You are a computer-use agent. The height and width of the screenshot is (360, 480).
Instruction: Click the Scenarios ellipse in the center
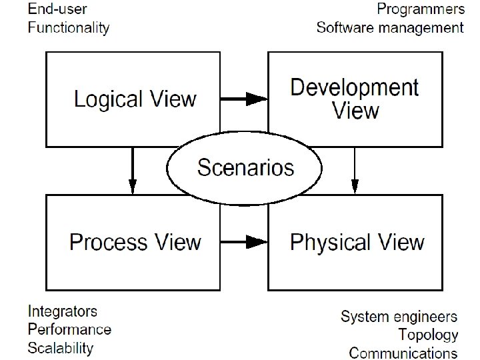(x=245, y=167)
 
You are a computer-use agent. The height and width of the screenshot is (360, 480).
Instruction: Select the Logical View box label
(x=135, y=100)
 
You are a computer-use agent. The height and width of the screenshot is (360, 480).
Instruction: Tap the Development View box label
(x=355, y=98)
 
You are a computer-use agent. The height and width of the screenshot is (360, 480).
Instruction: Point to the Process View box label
(x=135, y=241)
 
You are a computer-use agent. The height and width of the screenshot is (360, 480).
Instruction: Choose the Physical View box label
(x=357, y=241)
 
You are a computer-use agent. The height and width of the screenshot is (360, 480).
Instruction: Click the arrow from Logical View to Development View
(x=244, y=99)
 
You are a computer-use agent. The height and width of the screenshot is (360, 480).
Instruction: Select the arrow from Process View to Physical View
(x=244, y=241)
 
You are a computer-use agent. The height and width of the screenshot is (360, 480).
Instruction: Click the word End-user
(x=57, y=9)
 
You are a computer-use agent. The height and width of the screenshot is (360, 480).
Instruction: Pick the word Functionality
(x=68, y=27)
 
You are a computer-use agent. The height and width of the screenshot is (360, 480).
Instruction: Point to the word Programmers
(x=420, y=9)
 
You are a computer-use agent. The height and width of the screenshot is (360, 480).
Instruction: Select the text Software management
(x=389, y=27)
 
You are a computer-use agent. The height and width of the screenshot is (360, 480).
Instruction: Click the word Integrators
(x=63, y=311)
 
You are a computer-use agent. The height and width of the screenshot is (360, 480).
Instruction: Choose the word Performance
(x=69, y=329)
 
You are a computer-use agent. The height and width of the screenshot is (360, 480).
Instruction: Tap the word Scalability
(x=61, y=347)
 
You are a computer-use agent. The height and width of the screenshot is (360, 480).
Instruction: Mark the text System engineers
(x=399, y=316)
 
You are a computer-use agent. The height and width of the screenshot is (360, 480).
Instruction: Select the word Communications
(x=403, y=352)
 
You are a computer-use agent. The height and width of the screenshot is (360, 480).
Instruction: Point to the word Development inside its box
(x=355, y=87)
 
